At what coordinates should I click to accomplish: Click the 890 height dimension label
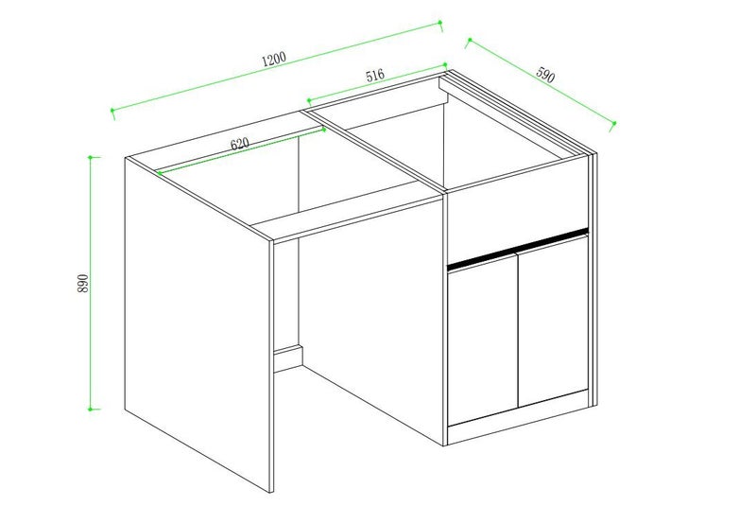coord(83,283)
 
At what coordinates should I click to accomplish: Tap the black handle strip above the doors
coord(517,246)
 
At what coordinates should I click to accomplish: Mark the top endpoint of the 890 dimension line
coord(91,157)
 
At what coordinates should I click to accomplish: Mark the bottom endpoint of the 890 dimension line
coord(91,409)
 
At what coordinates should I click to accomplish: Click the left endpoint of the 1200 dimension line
coord(112,113)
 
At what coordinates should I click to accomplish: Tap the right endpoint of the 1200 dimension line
coord(441,23)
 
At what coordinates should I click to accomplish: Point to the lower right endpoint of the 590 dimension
coord(614,123)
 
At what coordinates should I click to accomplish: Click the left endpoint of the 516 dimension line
coord(308,98)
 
